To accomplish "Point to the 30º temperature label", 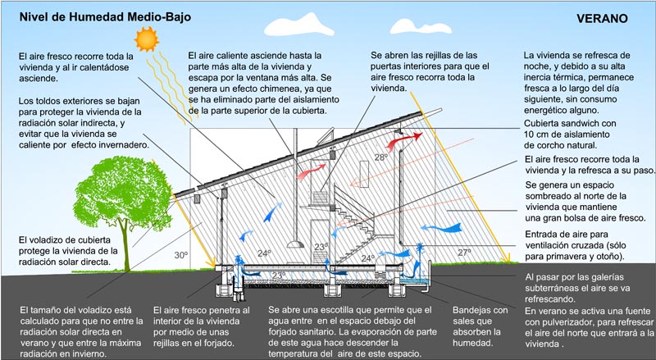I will point(180,255).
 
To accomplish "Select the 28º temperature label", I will point(380,157).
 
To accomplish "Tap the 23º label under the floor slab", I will point(280,275).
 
